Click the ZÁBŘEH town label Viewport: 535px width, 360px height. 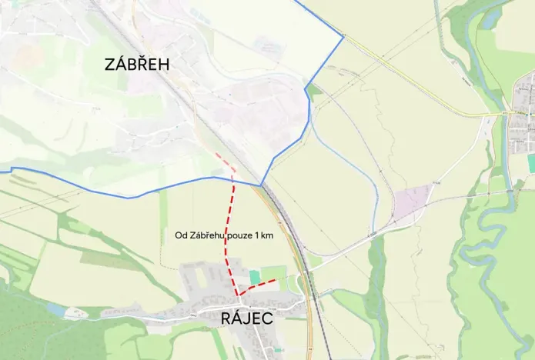[x=137, y=65]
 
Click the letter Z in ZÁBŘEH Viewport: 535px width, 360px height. [x=111, y=65]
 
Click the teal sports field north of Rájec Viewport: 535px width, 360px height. [x=255, y=276]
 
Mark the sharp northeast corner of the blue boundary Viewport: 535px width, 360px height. [x=343, y=35]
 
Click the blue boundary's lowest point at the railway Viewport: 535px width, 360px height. [x=261, y=185]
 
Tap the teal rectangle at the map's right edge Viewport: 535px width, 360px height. [x=531, y=163]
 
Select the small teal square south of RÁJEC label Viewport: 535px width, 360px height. [x=278, y=350]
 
